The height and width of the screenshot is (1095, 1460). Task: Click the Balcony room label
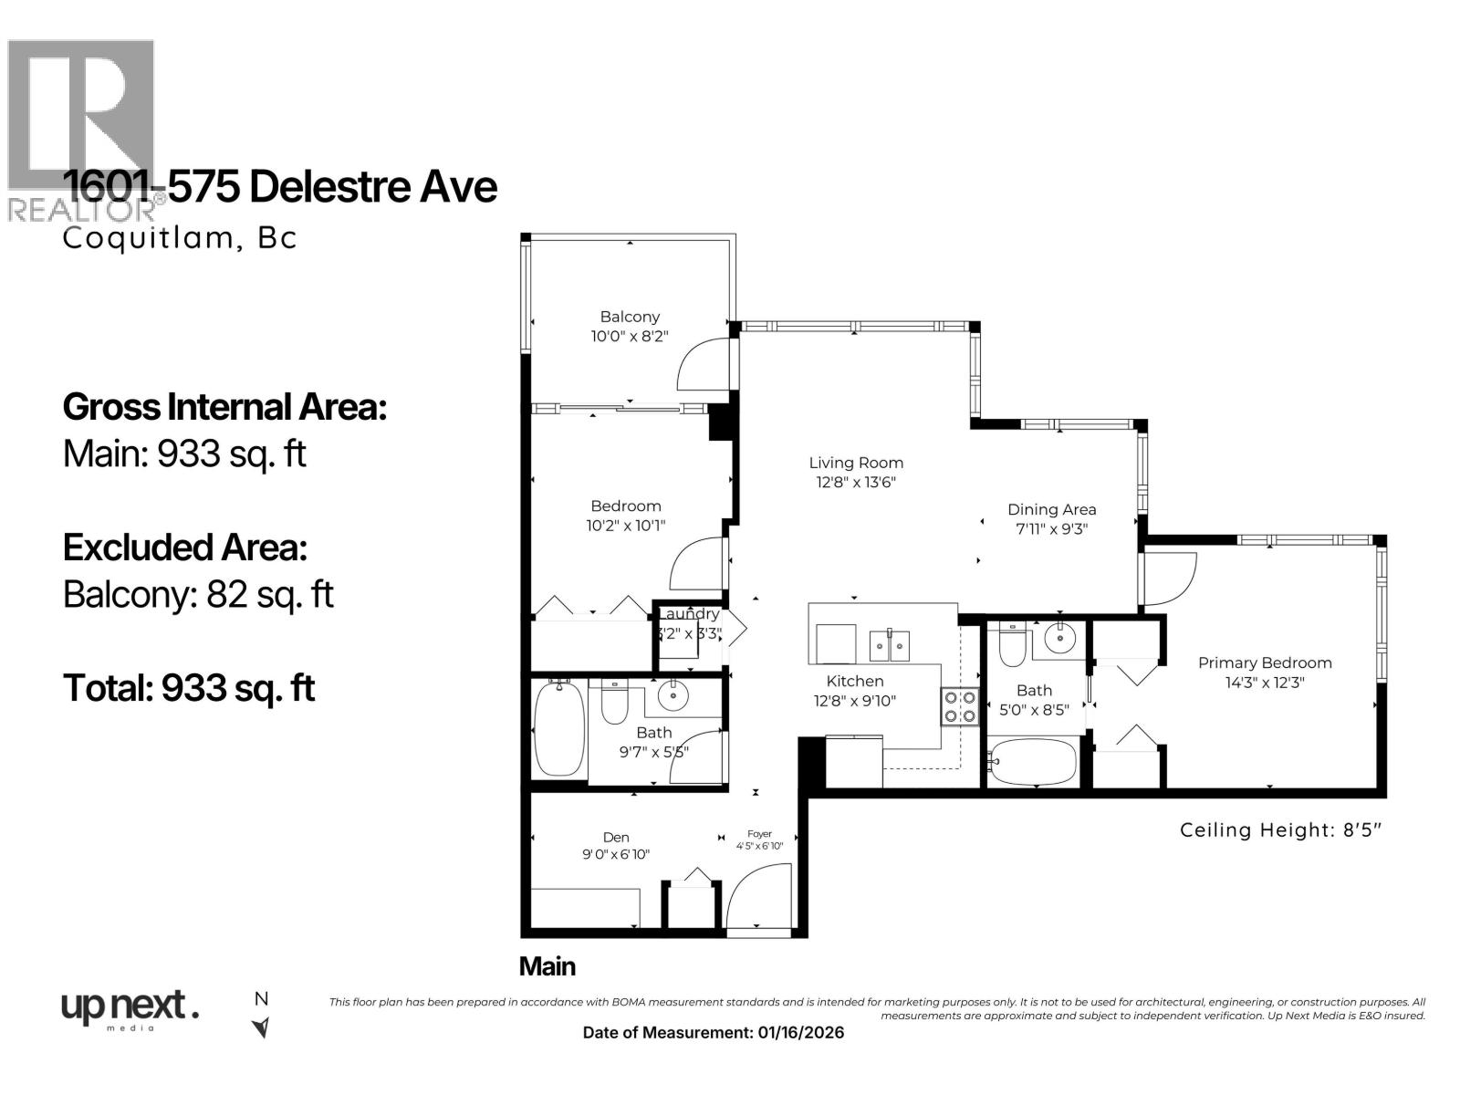pyautogui.click(x=630, y=317)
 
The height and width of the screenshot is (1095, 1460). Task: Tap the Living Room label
pyautogui.click(x=856, y=463)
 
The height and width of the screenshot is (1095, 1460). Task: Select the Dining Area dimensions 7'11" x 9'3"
pyautogui.click(x=1052, y=529)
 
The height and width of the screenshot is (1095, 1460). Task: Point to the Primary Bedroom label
pyautogui.click(x=1265, y=662)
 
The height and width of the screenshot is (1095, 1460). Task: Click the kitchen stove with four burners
pyautogui.click(x=959, y=706)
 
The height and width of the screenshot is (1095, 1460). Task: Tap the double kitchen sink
pyautogui.click(x=890, y=645)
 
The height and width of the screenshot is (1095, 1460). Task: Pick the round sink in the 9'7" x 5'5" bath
pyautogui.click(x=674, y=697)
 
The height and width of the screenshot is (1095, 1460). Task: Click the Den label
pyautogui.click(x=616, y=837)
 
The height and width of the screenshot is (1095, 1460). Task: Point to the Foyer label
pyautogui.click(x=759, y=833)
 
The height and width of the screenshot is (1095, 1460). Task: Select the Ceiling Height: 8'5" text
pyautogui.click(x=1281, y=830)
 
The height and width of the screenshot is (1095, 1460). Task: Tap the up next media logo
pyautogui.click(x=130, y=1009)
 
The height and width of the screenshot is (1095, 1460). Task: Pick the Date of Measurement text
pyautogui.click(x=713, y=1032)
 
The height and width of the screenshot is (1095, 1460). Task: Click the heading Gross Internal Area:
pyautogui.click(x=224, y=407)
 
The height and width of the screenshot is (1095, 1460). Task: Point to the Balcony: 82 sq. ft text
pyautogui.click(x=198, y=595)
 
